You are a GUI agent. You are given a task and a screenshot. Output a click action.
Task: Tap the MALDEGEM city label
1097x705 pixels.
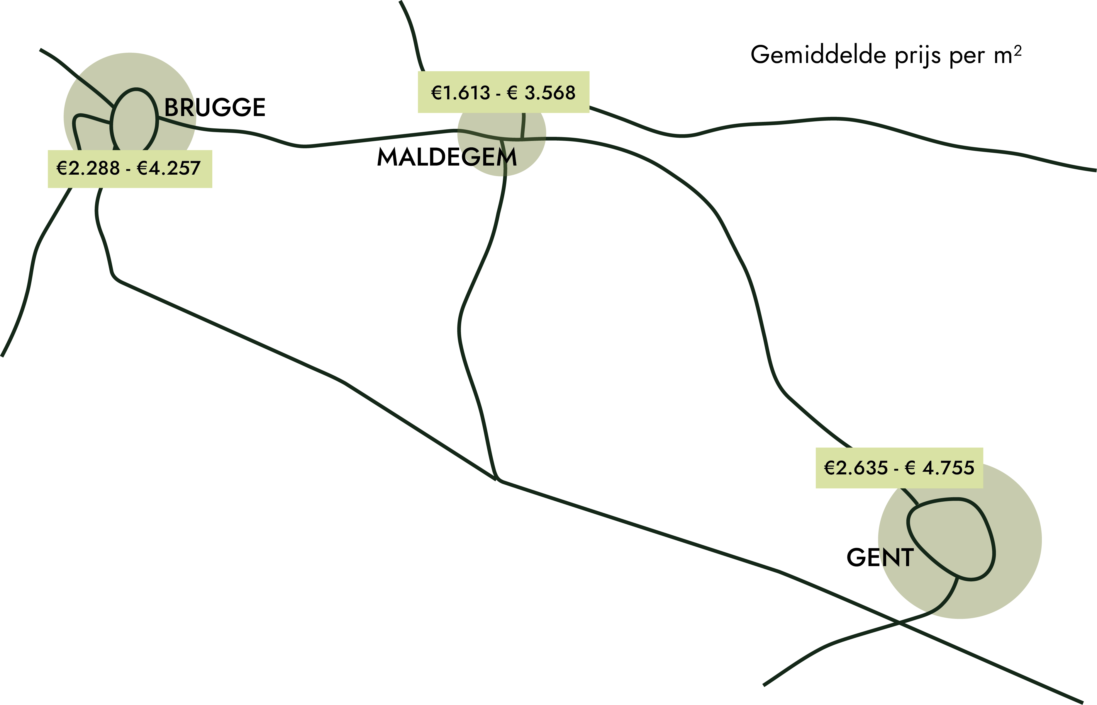click(447, 157)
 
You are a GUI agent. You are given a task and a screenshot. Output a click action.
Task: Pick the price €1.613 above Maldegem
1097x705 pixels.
click(460, 93)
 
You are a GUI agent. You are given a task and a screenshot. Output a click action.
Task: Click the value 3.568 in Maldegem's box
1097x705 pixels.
click(550, 93)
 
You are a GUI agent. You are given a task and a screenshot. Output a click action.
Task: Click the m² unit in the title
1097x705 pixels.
click(1008, 54)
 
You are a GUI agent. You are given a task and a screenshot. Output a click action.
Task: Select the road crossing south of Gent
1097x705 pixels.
click(899, 623)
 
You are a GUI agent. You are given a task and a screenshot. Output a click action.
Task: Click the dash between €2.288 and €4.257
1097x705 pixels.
click(128, 169)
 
